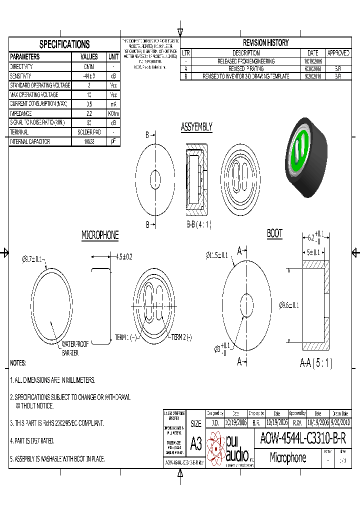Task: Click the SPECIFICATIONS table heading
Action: [64, 44]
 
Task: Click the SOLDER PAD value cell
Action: [89, 132]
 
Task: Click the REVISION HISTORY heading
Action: [265, 43]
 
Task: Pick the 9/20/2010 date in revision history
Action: [312, 76]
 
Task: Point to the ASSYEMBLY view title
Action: [196, 127]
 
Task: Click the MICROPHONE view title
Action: [100, 235]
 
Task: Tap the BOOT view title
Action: [274, 233]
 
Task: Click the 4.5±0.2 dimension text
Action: [124, 256]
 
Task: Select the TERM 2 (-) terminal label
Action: [181, 337]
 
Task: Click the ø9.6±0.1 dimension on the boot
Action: [288, 305]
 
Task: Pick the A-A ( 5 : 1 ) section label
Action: [316, 363]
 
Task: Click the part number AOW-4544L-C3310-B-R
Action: [303, 438]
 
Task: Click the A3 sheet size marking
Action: [196, 443]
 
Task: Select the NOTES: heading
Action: [18, 363]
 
